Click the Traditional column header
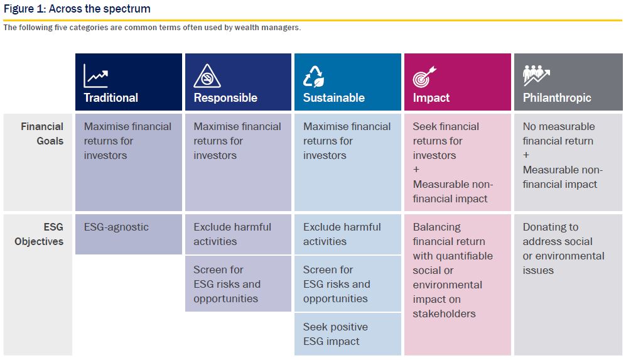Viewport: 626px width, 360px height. pyautogui.click(x=129, y=82)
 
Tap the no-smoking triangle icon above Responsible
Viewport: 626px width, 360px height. pyautogui.click(x=207, y=76)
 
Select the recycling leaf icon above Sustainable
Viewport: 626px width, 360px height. pyautogui.click(x=314, y=76)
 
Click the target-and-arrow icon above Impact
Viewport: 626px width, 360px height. pyautogui.click(x=424, y=76)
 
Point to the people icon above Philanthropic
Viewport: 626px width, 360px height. pyautogui.click(x=536, y=75)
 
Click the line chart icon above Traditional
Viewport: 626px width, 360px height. pyautogui.click(x=96, y=75)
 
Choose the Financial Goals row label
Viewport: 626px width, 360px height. pyautogui.click(x=42, y=134)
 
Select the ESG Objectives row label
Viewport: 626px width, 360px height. pyautogui.click(x=39, y=234)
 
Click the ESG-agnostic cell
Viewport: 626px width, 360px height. pyautogui.click(x=129, y=234)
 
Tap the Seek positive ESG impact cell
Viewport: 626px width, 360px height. pyautogui.click(x=348, y=334)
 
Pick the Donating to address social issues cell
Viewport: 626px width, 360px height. pyautogui.click(x=568, y=285)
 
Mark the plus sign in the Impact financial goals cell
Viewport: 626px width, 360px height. pyautogui.click(x=416, y=170)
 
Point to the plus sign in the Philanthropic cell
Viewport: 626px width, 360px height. pyautogui.click(x=526, y=155)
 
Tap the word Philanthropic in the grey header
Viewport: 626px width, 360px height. pyautogui.click(x=557, y=98)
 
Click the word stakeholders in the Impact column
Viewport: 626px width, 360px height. pyautogui.click(x=444, y=314)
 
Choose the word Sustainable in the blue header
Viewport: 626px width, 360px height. pyautogui.click(x=334, y=98)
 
